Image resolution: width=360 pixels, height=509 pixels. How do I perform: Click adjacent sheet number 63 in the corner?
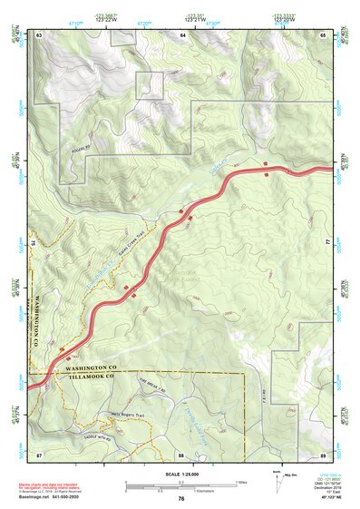(x=39, y=34)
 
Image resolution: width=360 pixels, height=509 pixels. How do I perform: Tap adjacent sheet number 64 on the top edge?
(x=182, y=34)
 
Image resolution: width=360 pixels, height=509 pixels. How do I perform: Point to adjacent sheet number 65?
(x=323, y=34)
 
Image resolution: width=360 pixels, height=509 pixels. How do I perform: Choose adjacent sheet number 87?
(x=39, y=454)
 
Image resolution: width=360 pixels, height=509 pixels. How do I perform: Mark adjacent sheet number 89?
(x=323, y=454)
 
